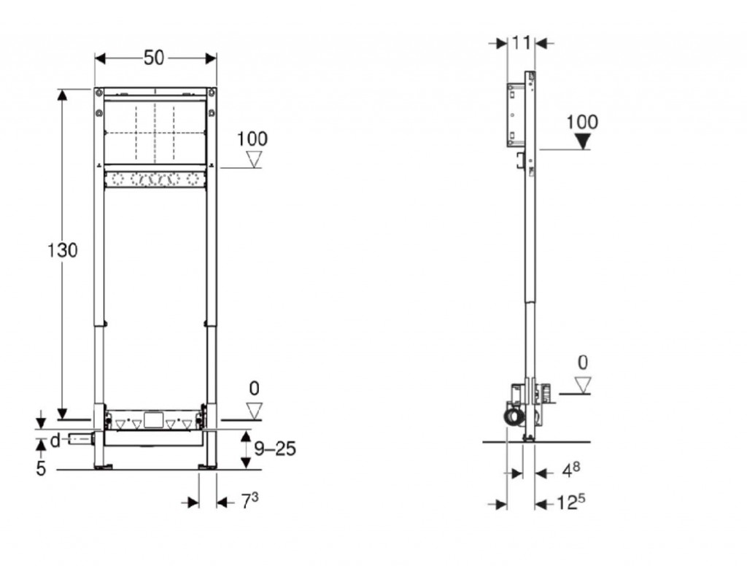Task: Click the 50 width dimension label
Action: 154,58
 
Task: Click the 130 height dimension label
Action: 62,250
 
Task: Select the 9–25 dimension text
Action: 275,449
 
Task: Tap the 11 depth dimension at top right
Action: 521,43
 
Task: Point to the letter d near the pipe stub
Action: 55,441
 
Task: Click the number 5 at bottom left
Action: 41,468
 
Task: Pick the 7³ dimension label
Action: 249,500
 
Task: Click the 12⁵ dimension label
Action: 571,501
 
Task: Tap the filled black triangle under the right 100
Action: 583,141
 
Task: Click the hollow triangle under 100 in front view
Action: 254,160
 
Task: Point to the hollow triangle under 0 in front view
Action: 255,411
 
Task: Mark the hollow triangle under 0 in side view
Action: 582,385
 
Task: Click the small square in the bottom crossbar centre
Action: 153,420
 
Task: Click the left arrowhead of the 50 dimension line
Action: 100,58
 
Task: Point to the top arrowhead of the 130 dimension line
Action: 62,94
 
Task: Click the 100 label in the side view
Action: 582,122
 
